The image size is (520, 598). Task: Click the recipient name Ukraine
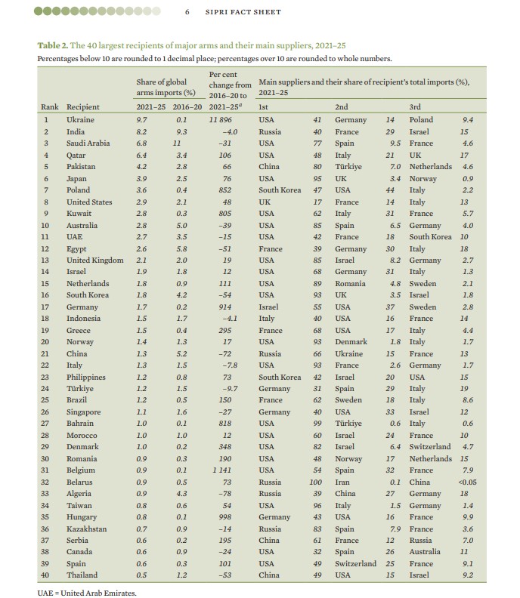coord(80,119)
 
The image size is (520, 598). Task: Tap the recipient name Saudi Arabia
coord(88,143)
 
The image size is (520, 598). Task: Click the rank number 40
coord(45,576)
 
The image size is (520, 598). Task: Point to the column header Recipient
coord(83,107)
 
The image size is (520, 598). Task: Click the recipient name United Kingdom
coord(94,260)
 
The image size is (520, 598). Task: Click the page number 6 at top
coord(187,12)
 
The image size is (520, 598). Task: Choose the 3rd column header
coord(415,107)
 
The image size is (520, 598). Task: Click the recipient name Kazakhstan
coord(87,529)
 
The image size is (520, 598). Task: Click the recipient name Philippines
coord(85,377)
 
